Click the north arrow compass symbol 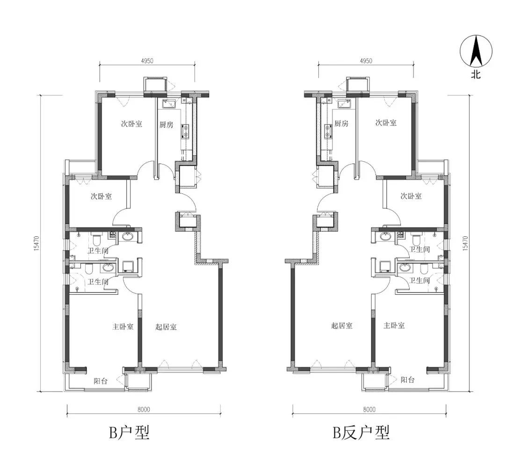[x=476, y=51]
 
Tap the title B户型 [x=130, y=432]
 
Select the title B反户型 [x=361, y=432]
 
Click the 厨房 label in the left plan [x=166, y=125]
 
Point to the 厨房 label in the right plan [x=341, y=123]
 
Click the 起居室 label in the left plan [x=166, y=327]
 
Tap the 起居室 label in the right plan [x=342, y=326]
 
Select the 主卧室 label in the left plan [x=123, y=327]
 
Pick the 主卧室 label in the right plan [x=394, y=325]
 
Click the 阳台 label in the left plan [x=101, y=381]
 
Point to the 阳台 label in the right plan [x=407, y=380]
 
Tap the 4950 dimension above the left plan [x=147, y=61]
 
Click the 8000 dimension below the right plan [x=369, y=410]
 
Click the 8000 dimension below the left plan [x=144, y=410]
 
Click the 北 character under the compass [x=476, y=75]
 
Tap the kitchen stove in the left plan [x=186, y=131]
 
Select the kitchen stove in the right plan [x=328, y=131]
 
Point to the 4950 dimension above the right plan [x=366, y=61]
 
